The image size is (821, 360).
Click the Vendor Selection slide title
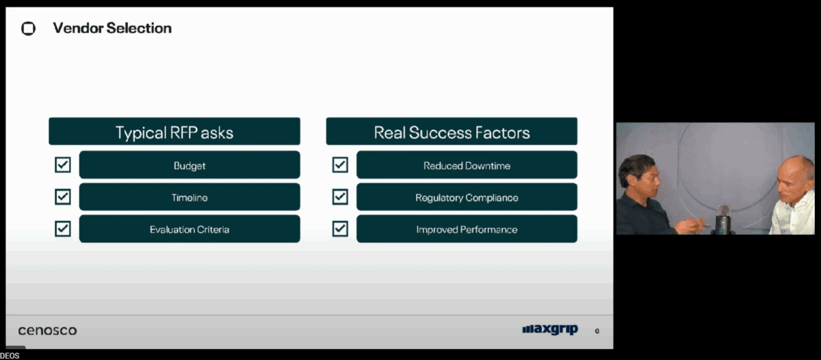[112, 28]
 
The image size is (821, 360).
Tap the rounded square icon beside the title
[28, 28]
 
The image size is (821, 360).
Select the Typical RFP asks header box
[174, 131]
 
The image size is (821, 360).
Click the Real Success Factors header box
[452, 131]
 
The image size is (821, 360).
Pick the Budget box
[190, 165]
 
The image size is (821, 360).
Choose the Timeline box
[190, 197]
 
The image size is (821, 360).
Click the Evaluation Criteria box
[190, 229]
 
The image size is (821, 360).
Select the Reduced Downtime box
[467, 165]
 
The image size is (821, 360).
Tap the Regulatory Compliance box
[467, 197]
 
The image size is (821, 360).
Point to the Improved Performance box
[467, 229]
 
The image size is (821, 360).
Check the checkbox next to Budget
[63, 165]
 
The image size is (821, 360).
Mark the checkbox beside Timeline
[63, 197]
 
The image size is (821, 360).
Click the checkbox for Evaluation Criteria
[63, 229]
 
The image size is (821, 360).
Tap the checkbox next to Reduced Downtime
[340, 165]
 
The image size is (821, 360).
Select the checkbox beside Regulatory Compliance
[340, 197]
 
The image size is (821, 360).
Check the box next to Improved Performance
[340, 229]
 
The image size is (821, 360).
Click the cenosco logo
[48, 331]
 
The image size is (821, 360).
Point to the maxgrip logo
[550, 329]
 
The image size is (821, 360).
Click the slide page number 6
[597, 331]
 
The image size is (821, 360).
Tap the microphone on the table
[722, 219]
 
